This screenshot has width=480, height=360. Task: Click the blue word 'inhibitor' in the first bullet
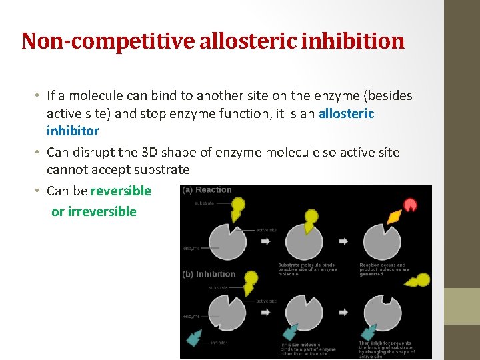coord(73,131)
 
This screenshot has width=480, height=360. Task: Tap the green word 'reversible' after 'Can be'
coord(121,191)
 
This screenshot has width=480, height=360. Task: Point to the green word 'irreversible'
coord(102,211)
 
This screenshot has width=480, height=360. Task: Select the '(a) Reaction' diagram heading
coord(207,190)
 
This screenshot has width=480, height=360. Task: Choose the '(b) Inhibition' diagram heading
coord(209,274)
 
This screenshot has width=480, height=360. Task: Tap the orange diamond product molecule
coord(394,217)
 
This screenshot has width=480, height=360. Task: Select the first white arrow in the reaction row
coord(266,241)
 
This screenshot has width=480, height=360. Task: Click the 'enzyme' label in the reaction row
coord(192,248)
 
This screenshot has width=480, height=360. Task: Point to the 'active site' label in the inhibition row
coord(267,301)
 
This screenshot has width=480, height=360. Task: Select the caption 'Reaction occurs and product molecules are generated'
coord(385,269)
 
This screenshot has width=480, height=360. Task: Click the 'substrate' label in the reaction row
coord(205,203)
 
